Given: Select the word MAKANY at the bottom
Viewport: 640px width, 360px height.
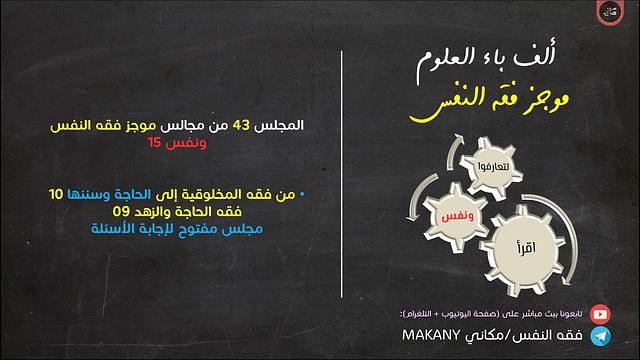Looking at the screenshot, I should tap(430, 335).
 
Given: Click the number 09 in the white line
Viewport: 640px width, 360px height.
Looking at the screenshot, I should tap(119, 212).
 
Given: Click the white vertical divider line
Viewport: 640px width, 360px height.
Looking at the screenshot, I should tap(343, 180).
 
